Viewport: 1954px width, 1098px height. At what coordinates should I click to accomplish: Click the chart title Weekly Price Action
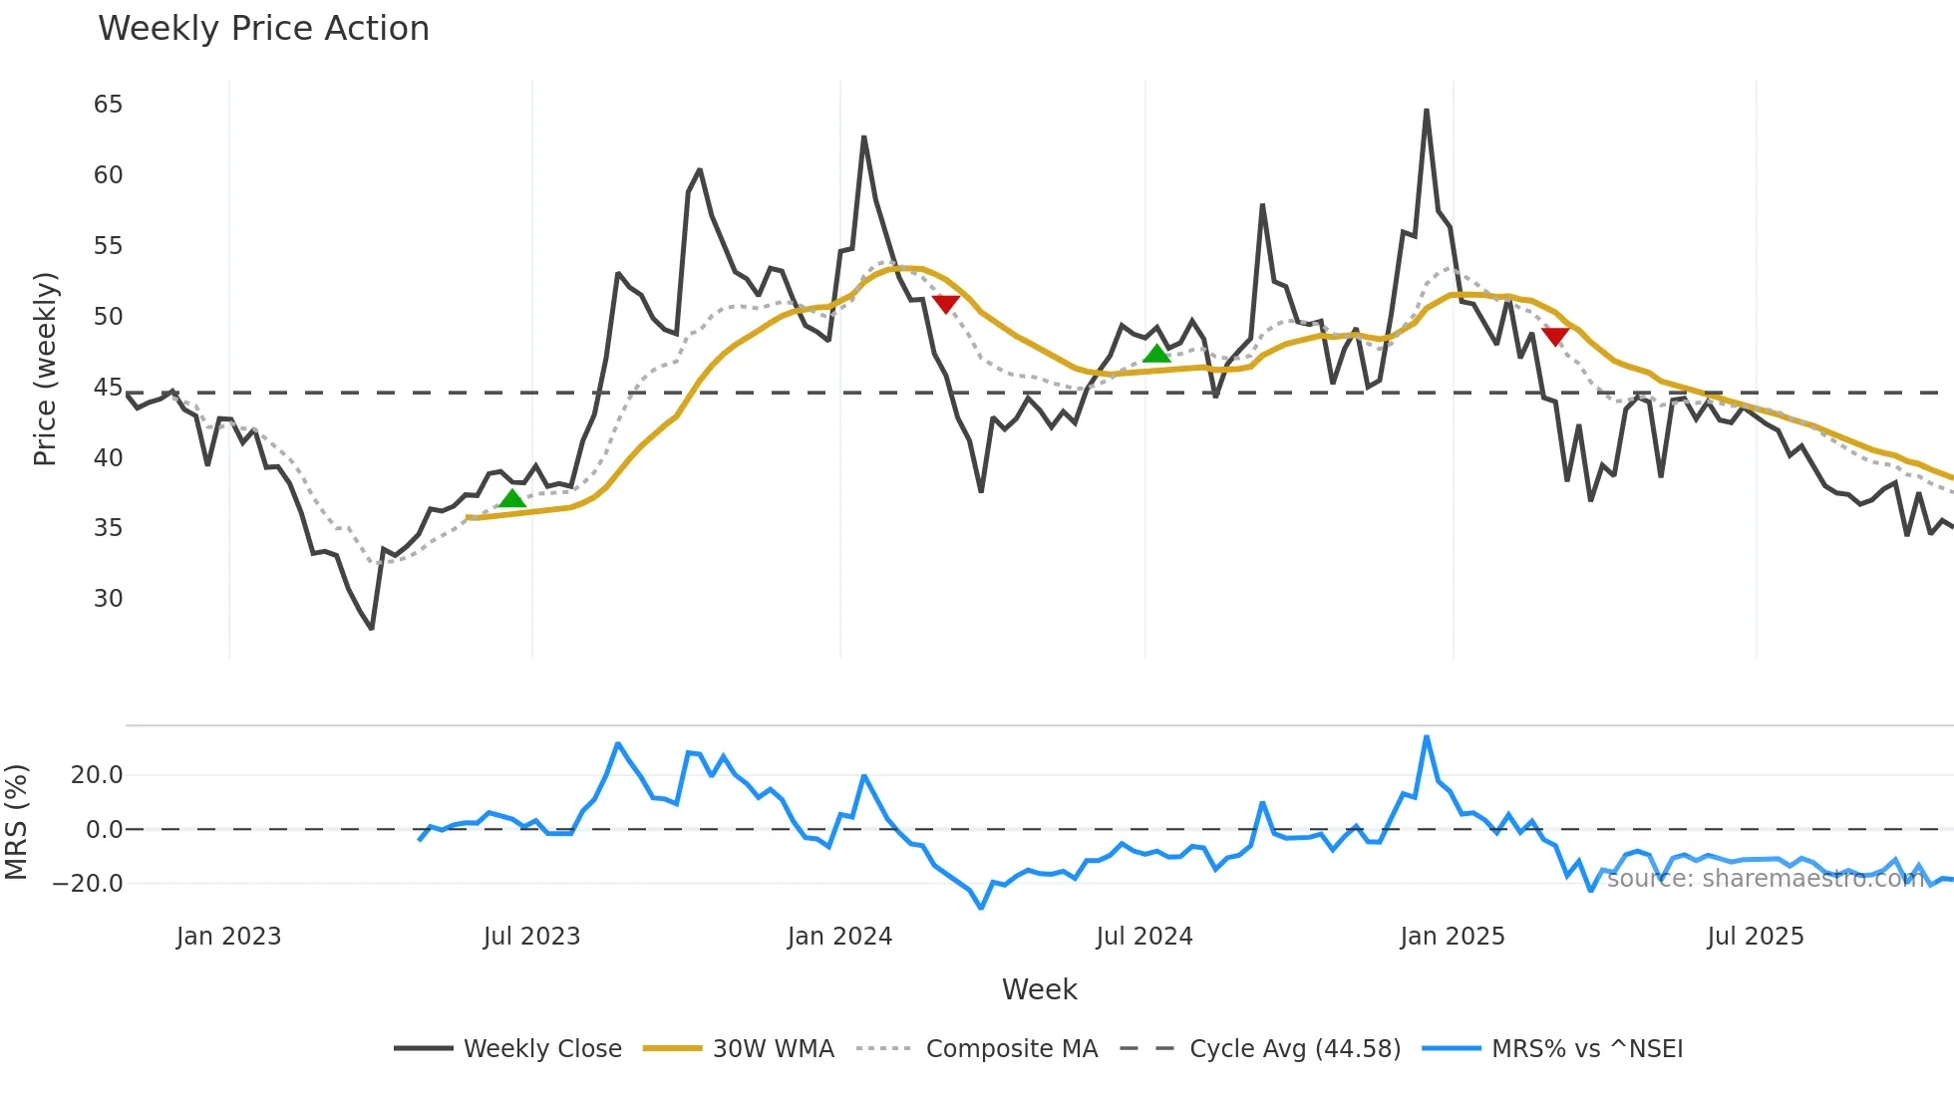[263, 28]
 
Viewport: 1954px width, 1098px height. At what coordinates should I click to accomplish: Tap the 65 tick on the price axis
[108, 105]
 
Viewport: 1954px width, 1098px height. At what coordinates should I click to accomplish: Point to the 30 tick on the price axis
[108, 599]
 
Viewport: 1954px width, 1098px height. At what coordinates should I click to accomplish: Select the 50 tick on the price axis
[108, 317]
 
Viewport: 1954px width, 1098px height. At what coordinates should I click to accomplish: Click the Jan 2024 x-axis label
[839, 937]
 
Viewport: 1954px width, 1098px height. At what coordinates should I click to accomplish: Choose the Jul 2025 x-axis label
[1756, 937]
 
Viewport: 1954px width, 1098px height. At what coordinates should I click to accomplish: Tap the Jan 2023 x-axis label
[228, 937]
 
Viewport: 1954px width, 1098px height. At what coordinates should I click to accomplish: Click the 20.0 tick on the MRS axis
[97, 775]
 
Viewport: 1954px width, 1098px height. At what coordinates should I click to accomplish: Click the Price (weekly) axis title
[45, 369]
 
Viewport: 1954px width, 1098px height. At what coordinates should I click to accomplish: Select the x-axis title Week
[1039, 989]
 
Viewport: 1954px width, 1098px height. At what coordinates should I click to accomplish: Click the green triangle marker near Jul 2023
[512, 498]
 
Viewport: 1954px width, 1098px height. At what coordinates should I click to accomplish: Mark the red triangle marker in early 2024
[945, 304]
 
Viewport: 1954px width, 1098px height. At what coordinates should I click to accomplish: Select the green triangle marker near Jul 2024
[1156, 354]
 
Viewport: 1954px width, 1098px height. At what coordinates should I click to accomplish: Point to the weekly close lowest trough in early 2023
[371, 629]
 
